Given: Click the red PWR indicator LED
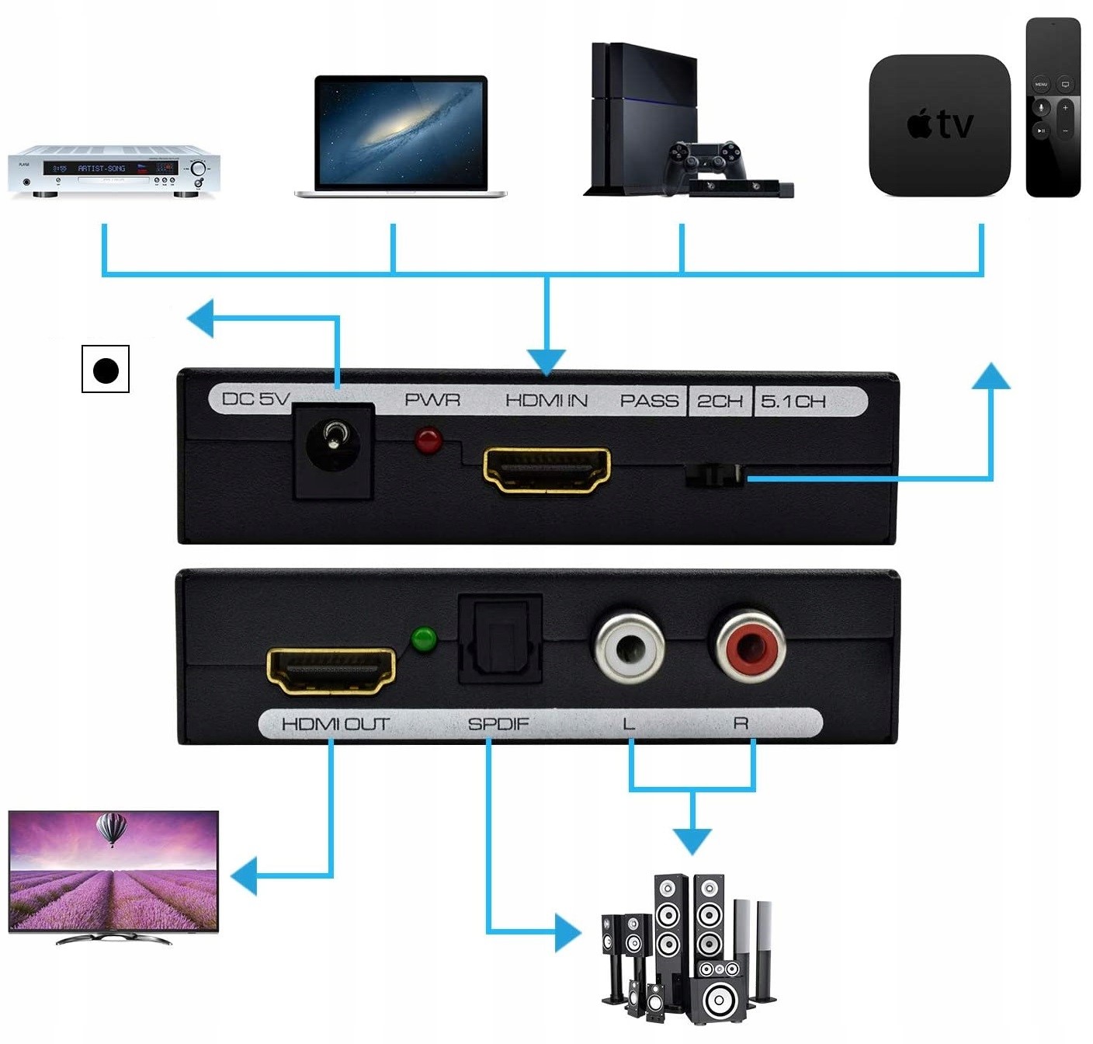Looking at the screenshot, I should pos(428,440).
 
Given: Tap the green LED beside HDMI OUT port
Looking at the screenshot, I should pos(424,639).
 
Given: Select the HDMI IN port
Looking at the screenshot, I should pos(546,470).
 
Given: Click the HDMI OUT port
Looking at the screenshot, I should pos(331,670).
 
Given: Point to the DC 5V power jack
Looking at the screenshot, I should pos(333,447).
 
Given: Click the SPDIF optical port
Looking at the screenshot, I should pos(500,640).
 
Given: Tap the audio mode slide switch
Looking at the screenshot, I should pos(714,475).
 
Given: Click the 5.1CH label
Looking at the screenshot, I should pos(793,402).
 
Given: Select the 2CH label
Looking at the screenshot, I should pos(720,402).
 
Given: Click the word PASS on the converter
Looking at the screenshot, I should pos(649,402).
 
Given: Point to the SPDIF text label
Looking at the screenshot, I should pos(498,724).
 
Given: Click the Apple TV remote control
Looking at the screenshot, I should pos(1053,107).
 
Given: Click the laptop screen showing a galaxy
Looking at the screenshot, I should pos(401,130).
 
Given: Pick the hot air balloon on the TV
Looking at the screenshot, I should pos(111,829).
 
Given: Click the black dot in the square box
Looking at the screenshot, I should pos(106,370).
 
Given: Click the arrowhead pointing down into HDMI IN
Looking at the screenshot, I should pos(546,361).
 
